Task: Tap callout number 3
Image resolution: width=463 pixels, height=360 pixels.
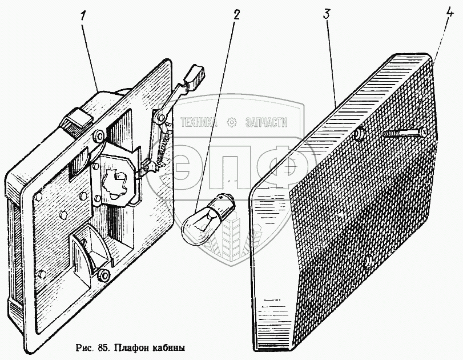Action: (x=327, y=15)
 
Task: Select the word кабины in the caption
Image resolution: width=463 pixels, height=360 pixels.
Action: (x=168, y=347)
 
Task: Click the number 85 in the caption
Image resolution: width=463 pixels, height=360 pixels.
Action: (x=102, y=347)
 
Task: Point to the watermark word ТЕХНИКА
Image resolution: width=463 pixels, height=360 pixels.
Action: (x=199, y=122)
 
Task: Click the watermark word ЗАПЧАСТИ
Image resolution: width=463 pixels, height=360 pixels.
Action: (x=265, y=122)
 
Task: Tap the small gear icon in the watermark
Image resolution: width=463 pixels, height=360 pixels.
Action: (x=232, y=122)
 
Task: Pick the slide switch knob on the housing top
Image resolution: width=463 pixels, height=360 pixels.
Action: (x=78, y=120)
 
